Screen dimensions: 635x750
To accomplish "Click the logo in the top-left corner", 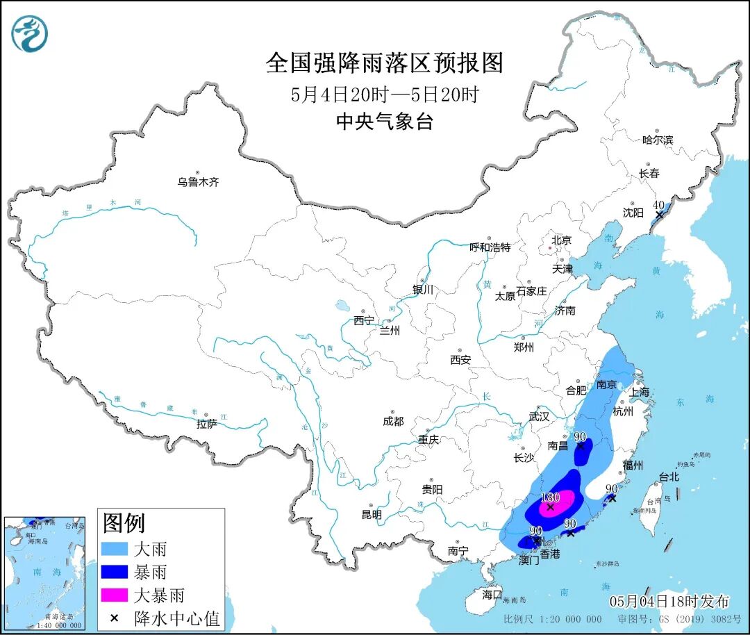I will pyautogui.click(x=30, y=33).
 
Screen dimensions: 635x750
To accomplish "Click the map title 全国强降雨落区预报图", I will pyautogui.click(x=384, y=63).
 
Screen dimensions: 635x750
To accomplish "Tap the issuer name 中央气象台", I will pyautogui.click(x=384, y=122).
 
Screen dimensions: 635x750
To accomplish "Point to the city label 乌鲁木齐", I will pyautogui.click(x=198, y=182).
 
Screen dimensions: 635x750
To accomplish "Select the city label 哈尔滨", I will pyautogui.click(x=658, y=140).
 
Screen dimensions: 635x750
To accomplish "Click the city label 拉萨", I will pyautogui.click(x=206, y=423).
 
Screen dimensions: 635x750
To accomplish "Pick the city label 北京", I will pyautogui.click(x=561, y=240).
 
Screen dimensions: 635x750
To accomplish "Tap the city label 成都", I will pyautogui.click(x=392, y=421).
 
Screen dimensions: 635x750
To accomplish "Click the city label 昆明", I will pyautogui.click(x=371, y=515).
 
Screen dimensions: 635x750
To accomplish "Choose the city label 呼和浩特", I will pyautogui.click(x=490, y=247).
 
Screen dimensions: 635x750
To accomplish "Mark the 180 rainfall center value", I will pyautogui.click(x=550, y=497).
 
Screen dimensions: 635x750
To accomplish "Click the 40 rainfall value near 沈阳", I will pyautogui.click(x=659, y=205).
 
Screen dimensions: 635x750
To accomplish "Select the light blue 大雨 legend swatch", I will pyautogui.click(x=115, y=550).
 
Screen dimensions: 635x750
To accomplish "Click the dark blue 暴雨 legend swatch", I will pyautogui.click(x=115, y=572).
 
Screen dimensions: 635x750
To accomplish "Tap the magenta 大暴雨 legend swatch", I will pyautogui.click(x=115, y=595).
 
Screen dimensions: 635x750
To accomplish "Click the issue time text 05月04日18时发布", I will pyautogui.click(x=669, y=601).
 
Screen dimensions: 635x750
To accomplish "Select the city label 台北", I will pyautogui.click(x=669, y=477).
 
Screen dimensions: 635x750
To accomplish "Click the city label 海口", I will pyautogui.click(x=492, y=595).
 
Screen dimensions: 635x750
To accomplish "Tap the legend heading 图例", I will pyautogui.click(x=124, y=522).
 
